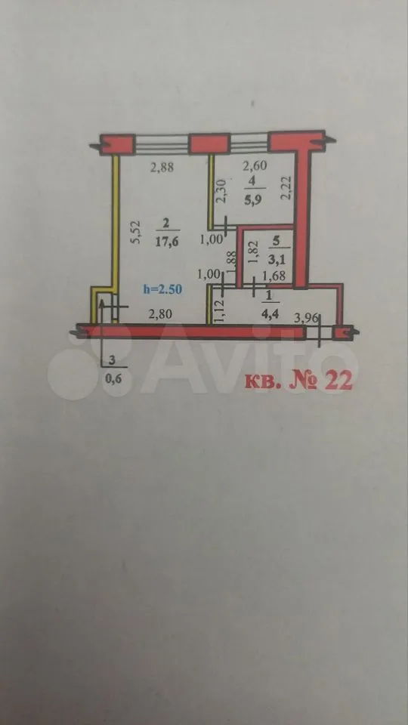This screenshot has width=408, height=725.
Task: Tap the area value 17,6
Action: tap(166, 242)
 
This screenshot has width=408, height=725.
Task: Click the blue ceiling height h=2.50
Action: tap(162, 290)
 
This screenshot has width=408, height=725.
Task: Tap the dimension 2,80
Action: tap(160, 315)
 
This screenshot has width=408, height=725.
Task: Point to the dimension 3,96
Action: tap(306, 318)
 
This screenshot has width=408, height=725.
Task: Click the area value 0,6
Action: tap(112, 379)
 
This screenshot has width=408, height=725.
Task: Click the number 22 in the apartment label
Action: tap(338, 380)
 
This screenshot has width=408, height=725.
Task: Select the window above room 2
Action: tap(162, 143)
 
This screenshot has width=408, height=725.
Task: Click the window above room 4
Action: tap(249, 143)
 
